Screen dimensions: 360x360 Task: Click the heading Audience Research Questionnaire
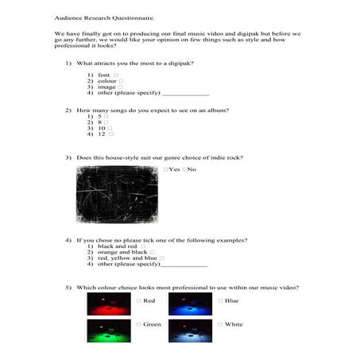[100, 15]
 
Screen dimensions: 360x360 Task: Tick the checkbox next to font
[116, 75]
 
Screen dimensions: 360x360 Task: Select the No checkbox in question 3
[184, 169]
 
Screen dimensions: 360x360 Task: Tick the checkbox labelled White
[219, 324]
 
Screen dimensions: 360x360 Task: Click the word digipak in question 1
[177, 62]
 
